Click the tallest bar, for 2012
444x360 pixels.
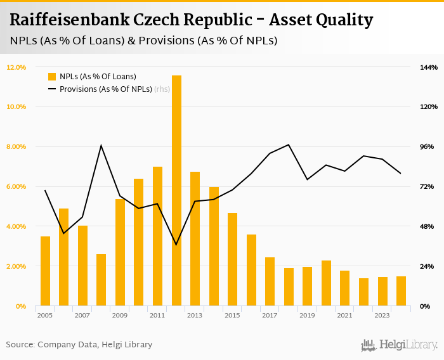176,190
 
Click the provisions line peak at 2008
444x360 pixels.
101,146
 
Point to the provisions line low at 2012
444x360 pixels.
176,245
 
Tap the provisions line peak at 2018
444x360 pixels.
289,145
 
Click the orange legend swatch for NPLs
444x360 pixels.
52,77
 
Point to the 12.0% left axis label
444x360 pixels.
16,67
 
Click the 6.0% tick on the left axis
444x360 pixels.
16,187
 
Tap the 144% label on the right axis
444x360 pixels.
429,67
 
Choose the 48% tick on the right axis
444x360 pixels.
428,227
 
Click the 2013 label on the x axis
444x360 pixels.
195,315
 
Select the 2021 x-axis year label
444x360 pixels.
345,315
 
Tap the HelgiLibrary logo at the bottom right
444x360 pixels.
400,345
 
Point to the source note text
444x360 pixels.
79,344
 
